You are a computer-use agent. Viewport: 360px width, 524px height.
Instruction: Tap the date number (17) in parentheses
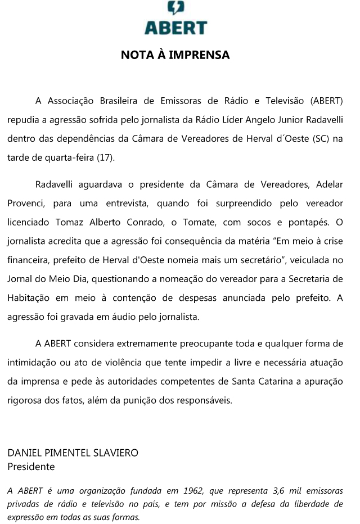coord(105,157)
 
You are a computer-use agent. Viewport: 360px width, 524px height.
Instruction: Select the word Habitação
coord(28,297)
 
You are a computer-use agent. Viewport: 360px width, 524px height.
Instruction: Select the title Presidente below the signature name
coord(31,467)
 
